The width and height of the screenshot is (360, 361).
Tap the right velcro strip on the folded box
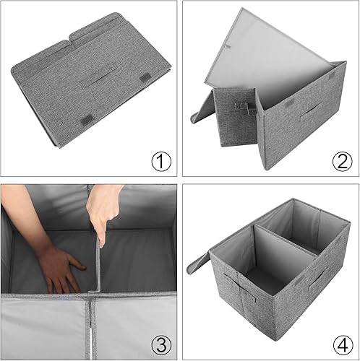click(145, 77)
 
